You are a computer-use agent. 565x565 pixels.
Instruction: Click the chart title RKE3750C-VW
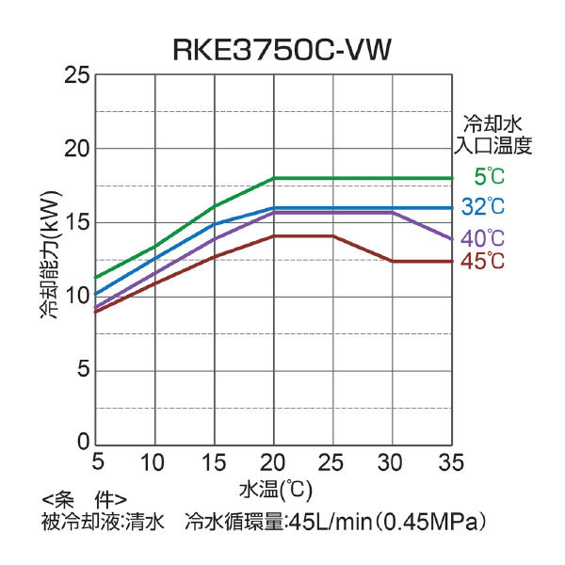coord(282,50)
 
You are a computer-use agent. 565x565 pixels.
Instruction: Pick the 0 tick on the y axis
coord(84,443)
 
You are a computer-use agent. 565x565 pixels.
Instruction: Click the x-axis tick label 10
coord(153,462)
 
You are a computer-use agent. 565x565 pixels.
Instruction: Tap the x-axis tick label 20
coord(273,462)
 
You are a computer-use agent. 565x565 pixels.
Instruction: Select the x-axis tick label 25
coord(332,462)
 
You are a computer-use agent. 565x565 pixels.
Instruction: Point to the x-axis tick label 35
coord(452,462)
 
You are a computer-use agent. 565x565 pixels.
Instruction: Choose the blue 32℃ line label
coord(484,206)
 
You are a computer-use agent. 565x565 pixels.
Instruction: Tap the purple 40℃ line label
coord(484,238)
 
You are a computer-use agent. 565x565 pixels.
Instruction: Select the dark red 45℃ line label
coord(484,262)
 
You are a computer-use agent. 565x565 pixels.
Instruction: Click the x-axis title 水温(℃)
coord(275,490)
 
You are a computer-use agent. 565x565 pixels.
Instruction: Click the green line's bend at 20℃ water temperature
coord(273,178)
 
